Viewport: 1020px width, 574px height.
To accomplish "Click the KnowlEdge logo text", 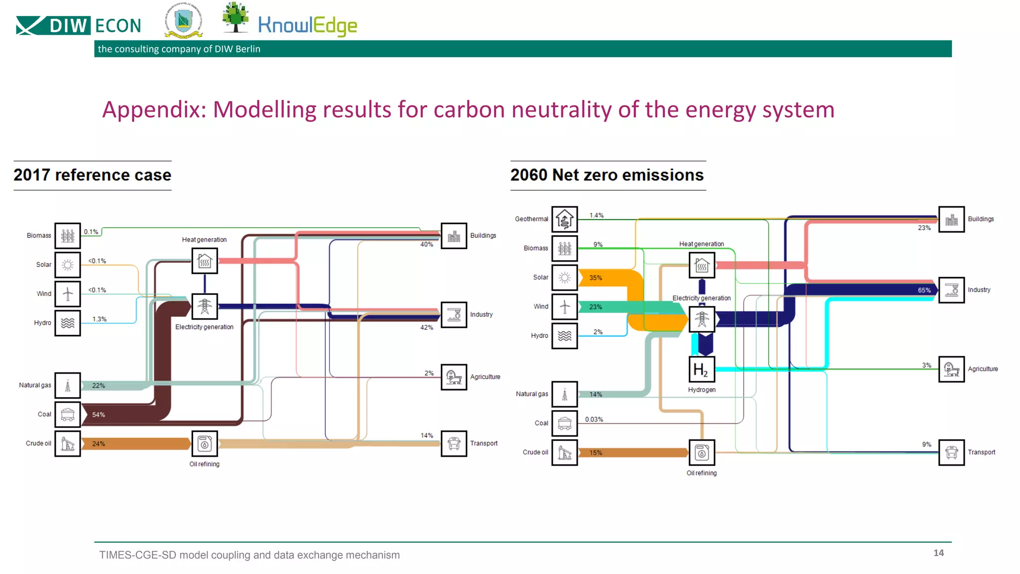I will click(x=307, y=25).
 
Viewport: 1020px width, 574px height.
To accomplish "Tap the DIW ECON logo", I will click(x=79, y=25).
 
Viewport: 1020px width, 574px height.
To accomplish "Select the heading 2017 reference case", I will click(x=92, y=175).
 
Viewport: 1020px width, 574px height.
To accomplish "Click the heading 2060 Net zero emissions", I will click(x=607, y=175).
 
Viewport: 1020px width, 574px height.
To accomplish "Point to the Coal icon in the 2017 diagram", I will click(x=67, y=414).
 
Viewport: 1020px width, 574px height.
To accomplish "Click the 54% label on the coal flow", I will click(x=98, y=415).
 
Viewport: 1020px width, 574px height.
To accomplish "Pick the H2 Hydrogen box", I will click(x=701, y=369).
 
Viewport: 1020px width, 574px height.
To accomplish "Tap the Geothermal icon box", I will click(x=564, y=219).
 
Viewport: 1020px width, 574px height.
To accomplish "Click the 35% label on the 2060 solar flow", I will click(x=595, y=278).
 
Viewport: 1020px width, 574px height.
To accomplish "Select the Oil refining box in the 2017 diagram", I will click(x=204, y=443).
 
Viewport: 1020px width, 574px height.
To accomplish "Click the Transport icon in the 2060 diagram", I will click(x=951, y=452).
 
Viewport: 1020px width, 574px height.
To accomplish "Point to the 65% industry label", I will click(x=924, y=290).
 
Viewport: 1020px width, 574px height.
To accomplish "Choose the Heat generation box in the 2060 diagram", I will click(x=701, y=265).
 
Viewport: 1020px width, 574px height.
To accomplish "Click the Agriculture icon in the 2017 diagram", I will click(x=453, y=377).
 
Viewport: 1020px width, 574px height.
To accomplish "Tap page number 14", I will click(x=938, y=553).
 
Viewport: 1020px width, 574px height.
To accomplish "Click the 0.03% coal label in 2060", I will click(x=594, y=420).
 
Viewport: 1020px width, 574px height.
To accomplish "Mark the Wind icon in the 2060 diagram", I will click(x=564, y=306).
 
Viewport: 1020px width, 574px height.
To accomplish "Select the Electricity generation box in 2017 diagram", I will click(x=204, y=306).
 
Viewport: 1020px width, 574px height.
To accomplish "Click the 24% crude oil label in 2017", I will click(x=98, y=443).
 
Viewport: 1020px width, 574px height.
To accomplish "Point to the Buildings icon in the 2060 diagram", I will click(x=951, y=219).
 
